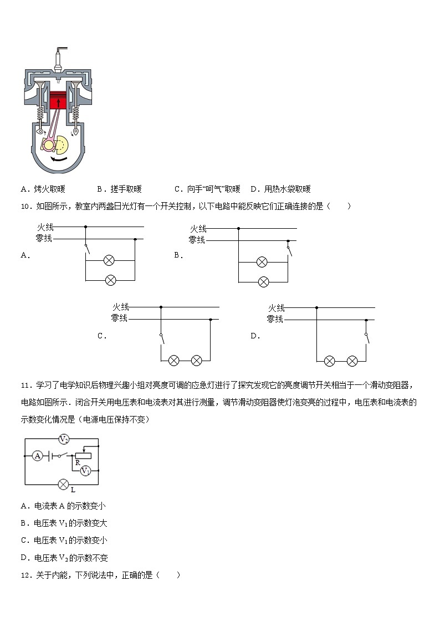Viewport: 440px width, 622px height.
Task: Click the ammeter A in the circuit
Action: pyautogui.click(x=38, y=456)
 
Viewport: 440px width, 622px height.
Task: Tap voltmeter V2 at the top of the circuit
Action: pyautogui.click(x=64, y=440)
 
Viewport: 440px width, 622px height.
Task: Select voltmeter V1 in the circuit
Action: pyautogui.click(x=85, y=470)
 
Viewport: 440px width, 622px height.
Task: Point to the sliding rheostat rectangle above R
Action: pyautogui.click(x=83, y=455)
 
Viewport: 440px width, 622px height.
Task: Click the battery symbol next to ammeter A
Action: pyautogui.click(x=51, y=456)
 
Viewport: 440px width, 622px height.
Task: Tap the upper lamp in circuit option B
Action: pyautogui.click(x=262, y=262)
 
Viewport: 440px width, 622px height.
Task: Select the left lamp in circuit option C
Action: pyautogui.click(x=173, y=361)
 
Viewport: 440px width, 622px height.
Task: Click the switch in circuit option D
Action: pyautogui.click(x=366, y=338)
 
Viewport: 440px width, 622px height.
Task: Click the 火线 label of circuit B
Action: pyautogui.click(x=198, y=229)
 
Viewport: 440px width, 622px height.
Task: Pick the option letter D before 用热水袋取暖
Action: pyautogui.click(x=253, y=189)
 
